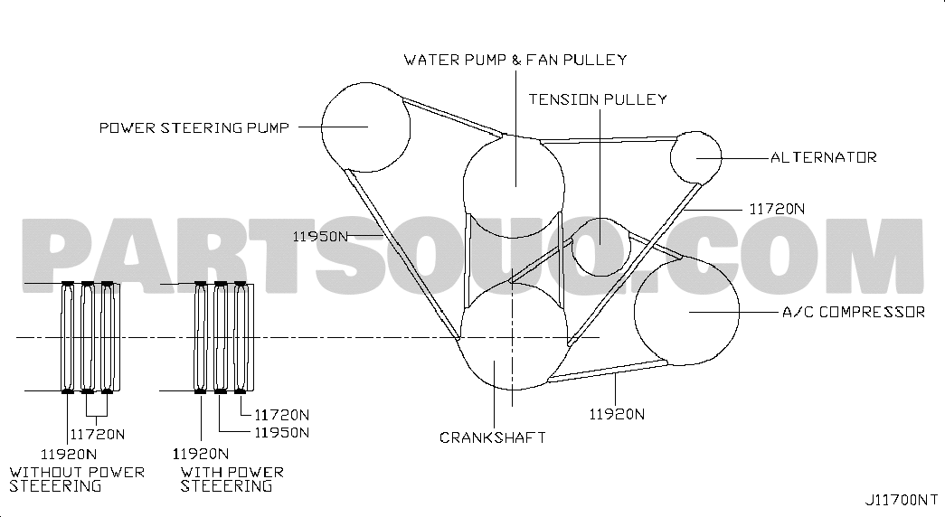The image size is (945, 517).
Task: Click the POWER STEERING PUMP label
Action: point(194,127)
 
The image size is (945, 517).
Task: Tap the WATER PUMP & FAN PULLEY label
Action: point(515,60)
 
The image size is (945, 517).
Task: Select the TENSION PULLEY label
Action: point(598,99)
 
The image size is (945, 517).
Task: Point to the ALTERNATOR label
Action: point(824,157)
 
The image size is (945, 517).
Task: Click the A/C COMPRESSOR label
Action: point(854,312)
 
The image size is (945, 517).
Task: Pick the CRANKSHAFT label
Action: point(492,437)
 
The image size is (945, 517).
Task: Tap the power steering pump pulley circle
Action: point(322,127)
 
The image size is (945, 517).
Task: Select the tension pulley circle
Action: point(572,247)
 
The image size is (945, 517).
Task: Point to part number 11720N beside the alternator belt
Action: point(777,209)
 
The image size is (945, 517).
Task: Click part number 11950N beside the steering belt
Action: point(320,236)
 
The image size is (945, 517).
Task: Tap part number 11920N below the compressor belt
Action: point(617,415)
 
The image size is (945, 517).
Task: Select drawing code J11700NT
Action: point(901,500)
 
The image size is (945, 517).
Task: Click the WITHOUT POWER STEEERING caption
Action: point(77,479)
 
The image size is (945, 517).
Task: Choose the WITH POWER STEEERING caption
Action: point(232,479)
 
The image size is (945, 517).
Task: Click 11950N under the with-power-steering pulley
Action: point(281,433)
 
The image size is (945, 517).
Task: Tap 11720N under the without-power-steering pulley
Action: point(98,435)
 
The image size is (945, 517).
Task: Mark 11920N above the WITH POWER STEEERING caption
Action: point(201,454)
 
